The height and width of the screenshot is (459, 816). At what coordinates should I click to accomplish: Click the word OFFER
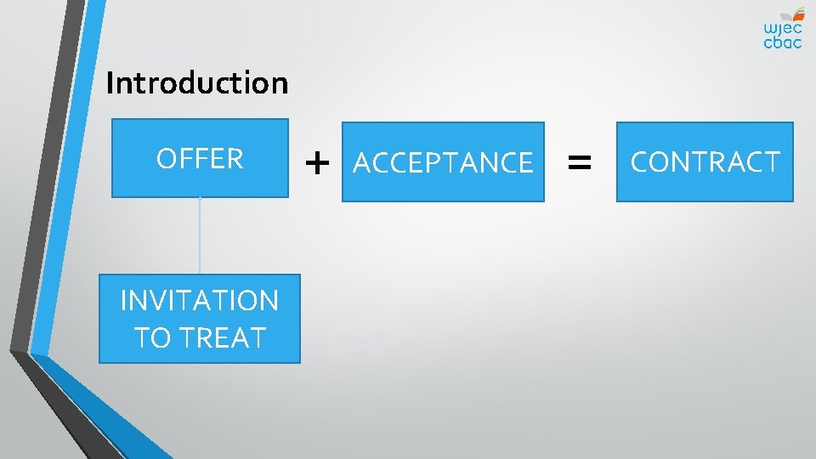[200, 159]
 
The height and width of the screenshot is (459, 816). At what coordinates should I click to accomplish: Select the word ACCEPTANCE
[443, 162]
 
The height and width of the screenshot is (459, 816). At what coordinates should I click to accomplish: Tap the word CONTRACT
[705, 162]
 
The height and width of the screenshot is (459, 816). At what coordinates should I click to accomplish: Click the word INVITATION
[200, 301]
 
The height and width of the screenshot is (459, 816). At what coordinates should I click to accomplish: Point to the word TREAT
[223, 337]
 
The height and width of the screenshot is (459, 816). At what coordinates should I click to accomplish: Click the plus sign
[317, 161]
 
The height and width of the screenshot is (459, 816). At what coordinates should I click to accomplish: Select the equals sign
[580, 161]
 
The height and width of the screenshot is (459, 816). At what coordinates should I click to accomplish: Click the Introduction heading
[197, 83]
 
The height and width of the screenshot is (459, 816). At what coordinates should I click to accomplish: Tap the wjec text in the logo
[782, 27]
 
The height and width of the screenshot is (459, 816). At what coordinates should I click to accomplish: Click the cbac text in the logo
[782, 42]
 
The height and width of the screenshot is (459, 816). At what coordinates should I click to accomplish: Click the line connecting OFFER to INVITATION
[200, 235]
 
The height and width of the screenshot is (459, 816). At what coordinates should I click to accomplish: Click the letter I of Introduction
[110, 83]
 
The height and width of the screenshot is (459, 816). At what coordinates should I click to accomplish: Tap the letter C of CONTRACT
[639, 162]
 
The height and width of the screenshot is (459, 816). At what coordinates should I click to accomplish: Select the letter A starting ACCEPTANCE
[361, 162]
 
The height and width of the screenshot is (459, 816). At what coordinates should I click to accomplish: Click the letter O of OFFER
[166, 159]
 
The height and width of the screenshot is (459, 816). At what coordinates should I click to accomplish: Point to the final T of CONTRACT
[771, 162]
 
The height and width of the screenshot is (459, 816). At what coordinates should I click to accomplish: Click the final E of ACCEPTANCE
[525, 162]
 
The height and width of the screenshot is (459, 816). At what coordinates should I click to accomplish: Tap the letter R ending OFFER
[235, 159]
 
